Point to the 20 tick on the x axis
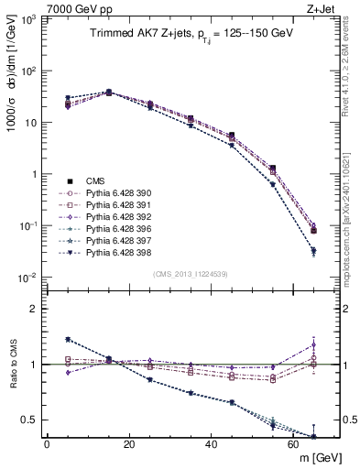pyautogui.click(x=128, y=445)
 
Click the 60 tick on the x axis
pyautogui.click(x=293, y=445)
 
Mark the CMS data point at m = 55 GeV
pyautogui.click(x=272, y=169)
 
